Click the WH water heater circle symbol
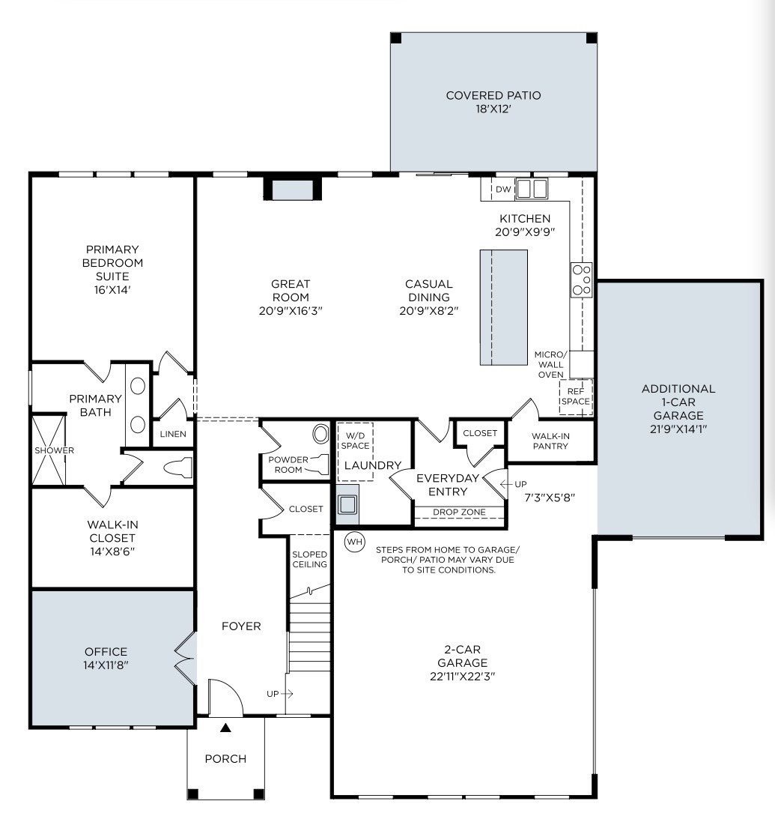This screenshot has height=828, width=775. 353,541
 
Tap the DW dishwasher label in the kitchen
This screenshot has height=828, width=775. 503,190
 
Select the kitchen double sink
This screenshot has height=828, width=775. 532,189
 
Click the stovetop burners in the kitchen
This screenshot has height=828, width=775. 582,279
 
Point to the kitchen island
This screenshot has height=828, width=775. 503,307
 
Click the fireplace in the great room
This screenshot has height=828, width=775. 292,190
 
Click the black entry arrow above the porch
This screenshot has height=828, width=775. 225,727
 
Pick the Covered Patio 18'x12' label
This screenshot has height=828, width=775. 493,102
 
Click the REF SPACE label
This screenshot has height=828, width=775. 576,396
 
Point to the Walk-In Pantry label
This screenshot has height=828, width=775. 550,441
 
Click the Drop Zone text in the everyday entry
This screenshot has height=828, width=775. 459,513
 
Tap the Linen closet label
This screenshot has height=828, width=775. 173,435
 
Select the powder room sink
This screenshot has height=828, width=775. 320,435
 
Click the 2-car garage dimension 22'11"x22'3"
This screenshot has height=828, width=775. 463,676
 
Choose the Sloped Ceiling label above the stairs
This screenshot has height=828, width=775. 309,559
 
